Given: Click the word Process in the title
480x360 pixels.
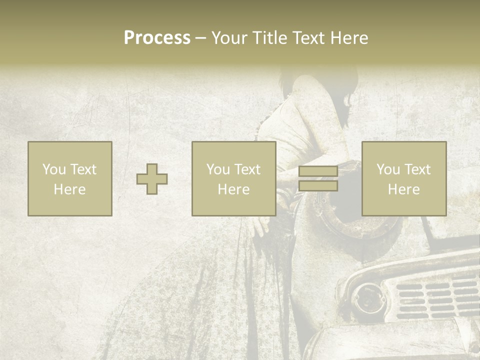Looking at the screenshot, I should pos(157,38).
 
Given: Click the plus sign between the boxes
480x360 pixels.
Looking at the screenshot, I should pos(152,179).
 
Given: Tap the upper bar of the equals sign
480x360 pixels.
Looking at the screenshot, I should pos(318,171).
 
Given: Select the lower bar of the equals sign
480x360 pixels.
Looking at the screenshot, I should pos(318,186).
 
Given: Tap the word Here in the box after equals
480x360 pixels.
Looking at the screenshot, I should pos(404,189).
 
